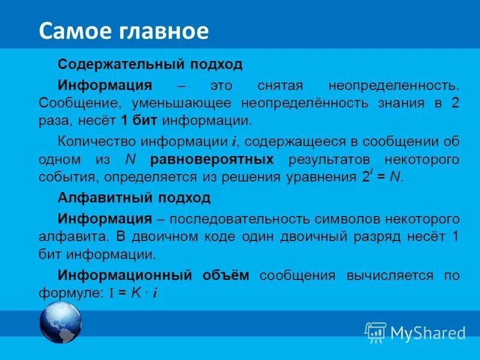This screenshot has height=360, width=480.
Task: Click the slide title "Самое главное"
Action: point(124,31)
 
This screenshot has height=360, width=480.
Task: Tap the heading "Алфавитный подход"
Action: point(134,197)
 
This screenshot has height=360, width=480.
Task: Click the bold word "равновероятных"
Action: point(212,160)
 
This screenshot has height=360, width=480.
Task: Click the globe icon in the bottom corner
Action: point(60,322)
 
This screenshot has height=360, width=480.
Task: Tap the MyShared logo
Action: point(415,332)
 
